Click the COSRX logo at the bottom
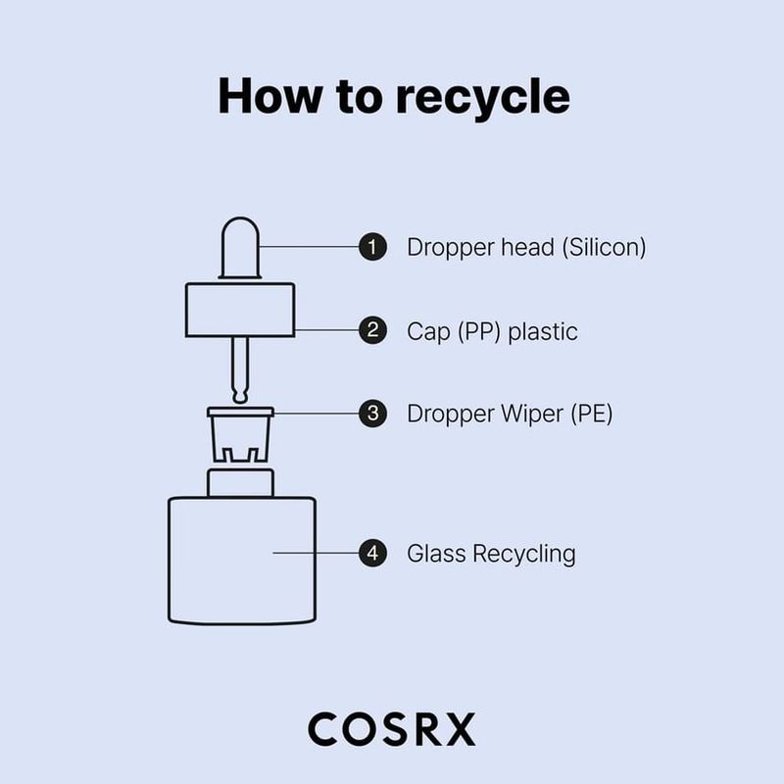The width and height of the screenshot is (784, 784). point(391,729)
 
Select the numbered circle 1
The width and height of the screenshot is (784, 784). point(371,247)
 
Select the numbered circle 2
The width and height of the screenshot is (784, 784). point(371,330)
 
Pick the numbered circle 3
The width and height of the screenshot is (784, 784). point(371,413)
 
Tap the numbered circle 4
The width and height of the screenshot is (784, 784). point(371,553)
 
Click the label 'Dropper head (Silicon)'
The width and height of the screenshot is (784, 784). point(526,247)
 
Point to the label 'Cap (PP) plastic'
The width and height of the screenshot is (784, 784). point(492,331)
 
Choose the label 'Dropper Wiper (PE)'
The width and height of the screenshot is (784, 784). point(510,414)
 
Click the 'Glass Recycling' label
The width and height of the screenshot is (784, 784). point(491,554)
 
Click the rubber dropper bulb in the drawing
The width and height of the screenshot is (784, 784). point(241,251)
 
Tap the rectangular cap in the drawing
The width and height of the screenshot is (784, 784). point(241,310)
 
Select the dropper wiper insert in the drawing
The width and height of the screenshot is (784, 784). point(241,431)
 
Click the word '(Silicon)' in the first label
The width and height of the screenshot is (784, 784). point(603,247)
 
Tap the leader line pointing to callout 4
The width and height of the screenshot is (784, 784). point(314,553)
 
